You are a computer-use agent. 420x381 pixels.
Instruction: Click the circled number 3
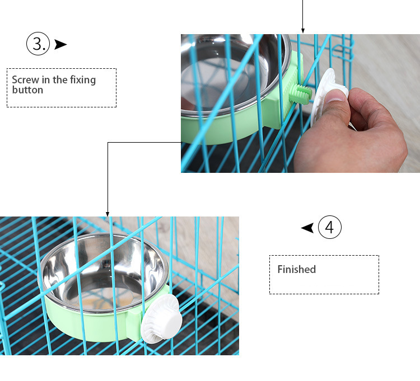[38, 44]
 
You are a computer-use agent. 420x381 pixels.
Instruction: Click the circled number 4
[329, 228]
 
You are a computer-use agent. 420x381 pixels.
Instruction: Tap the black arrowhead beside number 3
[60, 44]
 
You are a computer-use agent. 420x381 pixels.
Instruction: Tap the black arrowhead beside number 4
[307, 228]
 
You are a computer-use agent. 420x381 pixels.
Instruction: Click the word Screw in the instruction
[25, 80]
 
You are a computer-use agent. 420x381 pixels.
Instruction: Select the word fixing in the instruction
[83, 80]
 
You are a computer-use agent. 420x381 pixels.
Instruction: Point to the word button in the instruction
[27, 90]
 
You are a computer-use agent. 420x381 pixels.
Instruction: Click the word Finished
[297, 270]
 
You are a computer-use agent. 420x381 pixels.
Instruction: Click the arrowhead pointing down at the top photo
[303, 30]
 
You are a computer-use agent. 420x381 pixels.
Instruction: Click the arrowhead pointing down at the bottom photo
[108, 213]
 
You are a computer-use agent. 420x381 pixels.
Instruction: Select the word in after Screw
[45, 80]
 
